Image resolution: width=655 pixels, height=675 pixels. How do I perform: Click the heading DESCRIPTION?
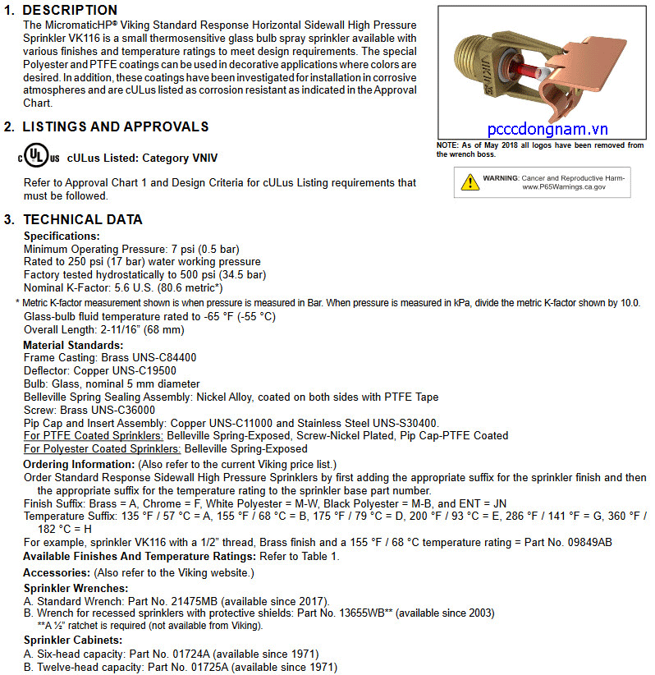coord(70,10)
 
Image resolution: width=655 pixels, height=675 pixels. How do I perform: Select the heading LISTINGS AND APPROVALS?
coord(116,126)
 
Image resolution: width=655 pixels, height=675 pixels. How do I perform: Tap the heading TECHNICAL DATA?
coord(83,219)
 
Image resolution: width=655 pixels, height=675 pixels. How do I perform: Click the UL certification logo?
coord(42,157)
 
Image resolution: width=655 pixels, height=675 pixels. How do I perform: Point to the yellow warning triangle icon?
coord(469,181)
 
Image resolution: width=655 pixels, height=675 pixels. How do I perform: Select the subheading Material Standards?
coord(73,346)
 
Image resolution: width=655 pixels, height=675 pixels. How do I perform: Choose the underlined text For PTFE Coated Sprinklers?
coord(94,435)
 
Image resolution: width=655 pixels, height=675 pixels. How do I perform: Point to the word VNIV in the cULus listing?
coord(203,158)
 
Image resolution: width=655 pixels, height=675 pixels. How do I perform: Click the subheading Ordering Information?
coord(79,464)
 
